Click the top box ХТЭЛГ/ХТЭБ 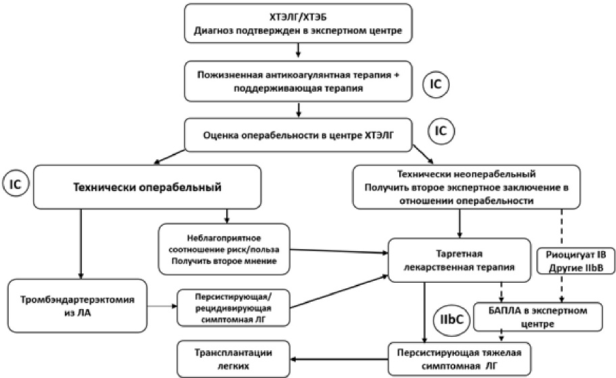point(298,23)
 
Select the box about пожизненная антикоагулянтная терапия point(298,81)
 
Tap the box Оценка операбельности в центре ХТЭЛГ point(298,135)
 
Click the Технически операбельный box point(147,187)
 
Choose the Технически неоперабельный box point(466,187)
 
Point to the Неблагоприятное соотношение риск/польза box point(224,249)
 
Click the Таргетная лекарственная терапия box point(459,261)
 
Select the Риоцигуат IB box point(575,261)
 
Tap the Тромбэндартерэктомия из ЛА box point(78,306)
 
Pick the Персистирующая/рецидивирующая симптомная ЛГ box point(233,308)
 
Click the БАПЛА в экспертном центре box point(538,317)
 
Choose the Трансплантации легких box point(233,359)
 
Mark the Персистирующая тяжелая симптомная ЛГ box point(459,359)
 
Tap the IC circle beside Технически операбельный point(16,184)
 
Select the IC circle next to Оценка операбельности point(440,130)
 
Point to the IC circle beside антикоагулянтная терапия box point(436,84)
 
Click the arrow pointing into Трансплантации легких point(339,359)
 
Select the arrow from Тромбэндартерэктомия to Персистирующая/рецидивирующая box point(162,306)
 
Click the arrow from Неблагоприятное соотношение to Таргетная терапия point(339,251)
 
